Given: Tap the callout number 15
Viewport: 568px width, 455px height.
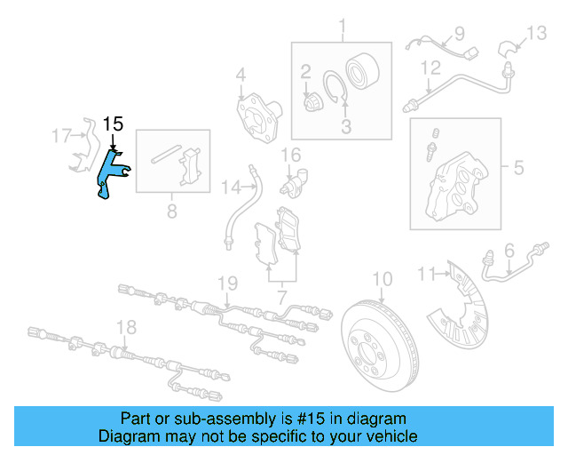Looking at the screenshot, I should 114,124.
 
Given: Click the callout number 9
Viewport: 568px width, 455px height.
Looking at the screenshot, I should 459,34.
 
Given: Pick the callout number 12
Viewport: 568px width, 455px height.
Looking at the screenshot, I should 430,68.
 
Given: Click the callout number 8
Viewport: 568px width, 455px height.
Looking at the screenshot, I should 171,211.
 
